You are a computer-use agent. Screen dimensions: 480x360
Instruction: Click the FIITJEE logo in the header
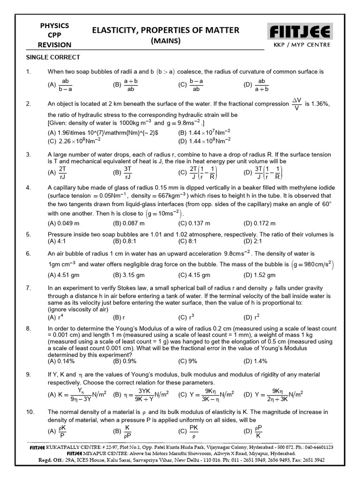click(x=300, y=32)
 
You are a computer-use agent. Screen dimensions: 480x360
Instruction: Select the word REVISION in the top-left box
click(x=55, y=45)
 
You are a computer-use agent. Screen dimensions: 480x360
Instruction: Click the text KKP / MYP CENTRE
click(x=302, y=45)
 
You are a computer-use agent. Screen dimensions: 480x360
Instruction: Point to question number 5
click(x=29, y=234)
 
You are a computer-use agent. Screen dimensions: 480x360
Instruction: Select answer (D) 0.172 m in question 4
click(x=260, y=223)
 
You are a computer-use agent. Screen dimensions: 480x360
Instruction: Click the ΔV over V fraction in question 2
click(x=296, y=104)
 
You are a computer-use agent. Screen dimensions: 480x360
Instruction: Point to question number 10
click(x=30, y=412)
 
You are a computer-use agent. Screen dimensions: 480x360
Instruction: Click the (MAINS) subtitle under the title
click(x=165, y=41)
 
